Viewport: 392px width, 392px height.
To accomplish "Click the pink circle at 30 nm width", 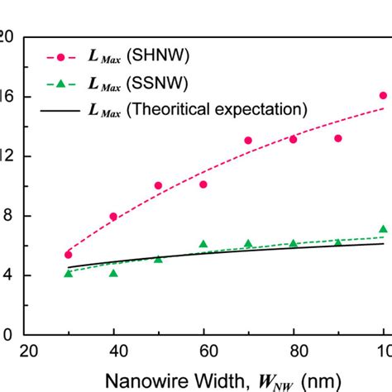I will (x=68, y=255).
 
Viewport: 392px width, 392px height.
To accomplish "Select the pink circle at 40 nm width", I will (x=113, y=217).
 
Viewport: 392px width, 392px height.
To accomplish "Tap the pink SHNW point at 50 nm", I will (x=158, y=186).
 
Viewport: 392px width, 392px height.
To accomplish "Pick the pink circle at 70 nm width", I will (x=248, y=141).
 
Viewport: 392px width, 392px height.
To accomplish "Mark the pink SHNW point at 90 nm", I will (x=338, y=138).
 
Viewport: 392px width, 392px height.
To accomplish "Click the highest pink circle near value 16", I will (x=383, y=96).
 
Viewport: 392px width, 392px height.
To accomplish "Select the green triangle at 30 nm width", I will (x=68, y=273).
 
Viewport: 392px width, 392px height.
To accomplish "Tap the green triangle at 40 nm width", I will (x=113, y=273).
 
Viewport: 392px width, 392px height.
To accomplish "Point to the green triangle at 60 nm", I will (x=203, y=244).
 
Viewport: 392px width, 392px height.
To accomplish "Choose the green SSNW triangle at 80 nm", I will (x=294, y=243).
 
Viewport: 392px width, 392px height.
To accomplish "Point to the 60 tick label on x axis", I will (x=203, y=350).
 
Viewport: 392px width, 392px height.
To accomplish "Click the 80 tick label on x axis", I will (x=294, y=350).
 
